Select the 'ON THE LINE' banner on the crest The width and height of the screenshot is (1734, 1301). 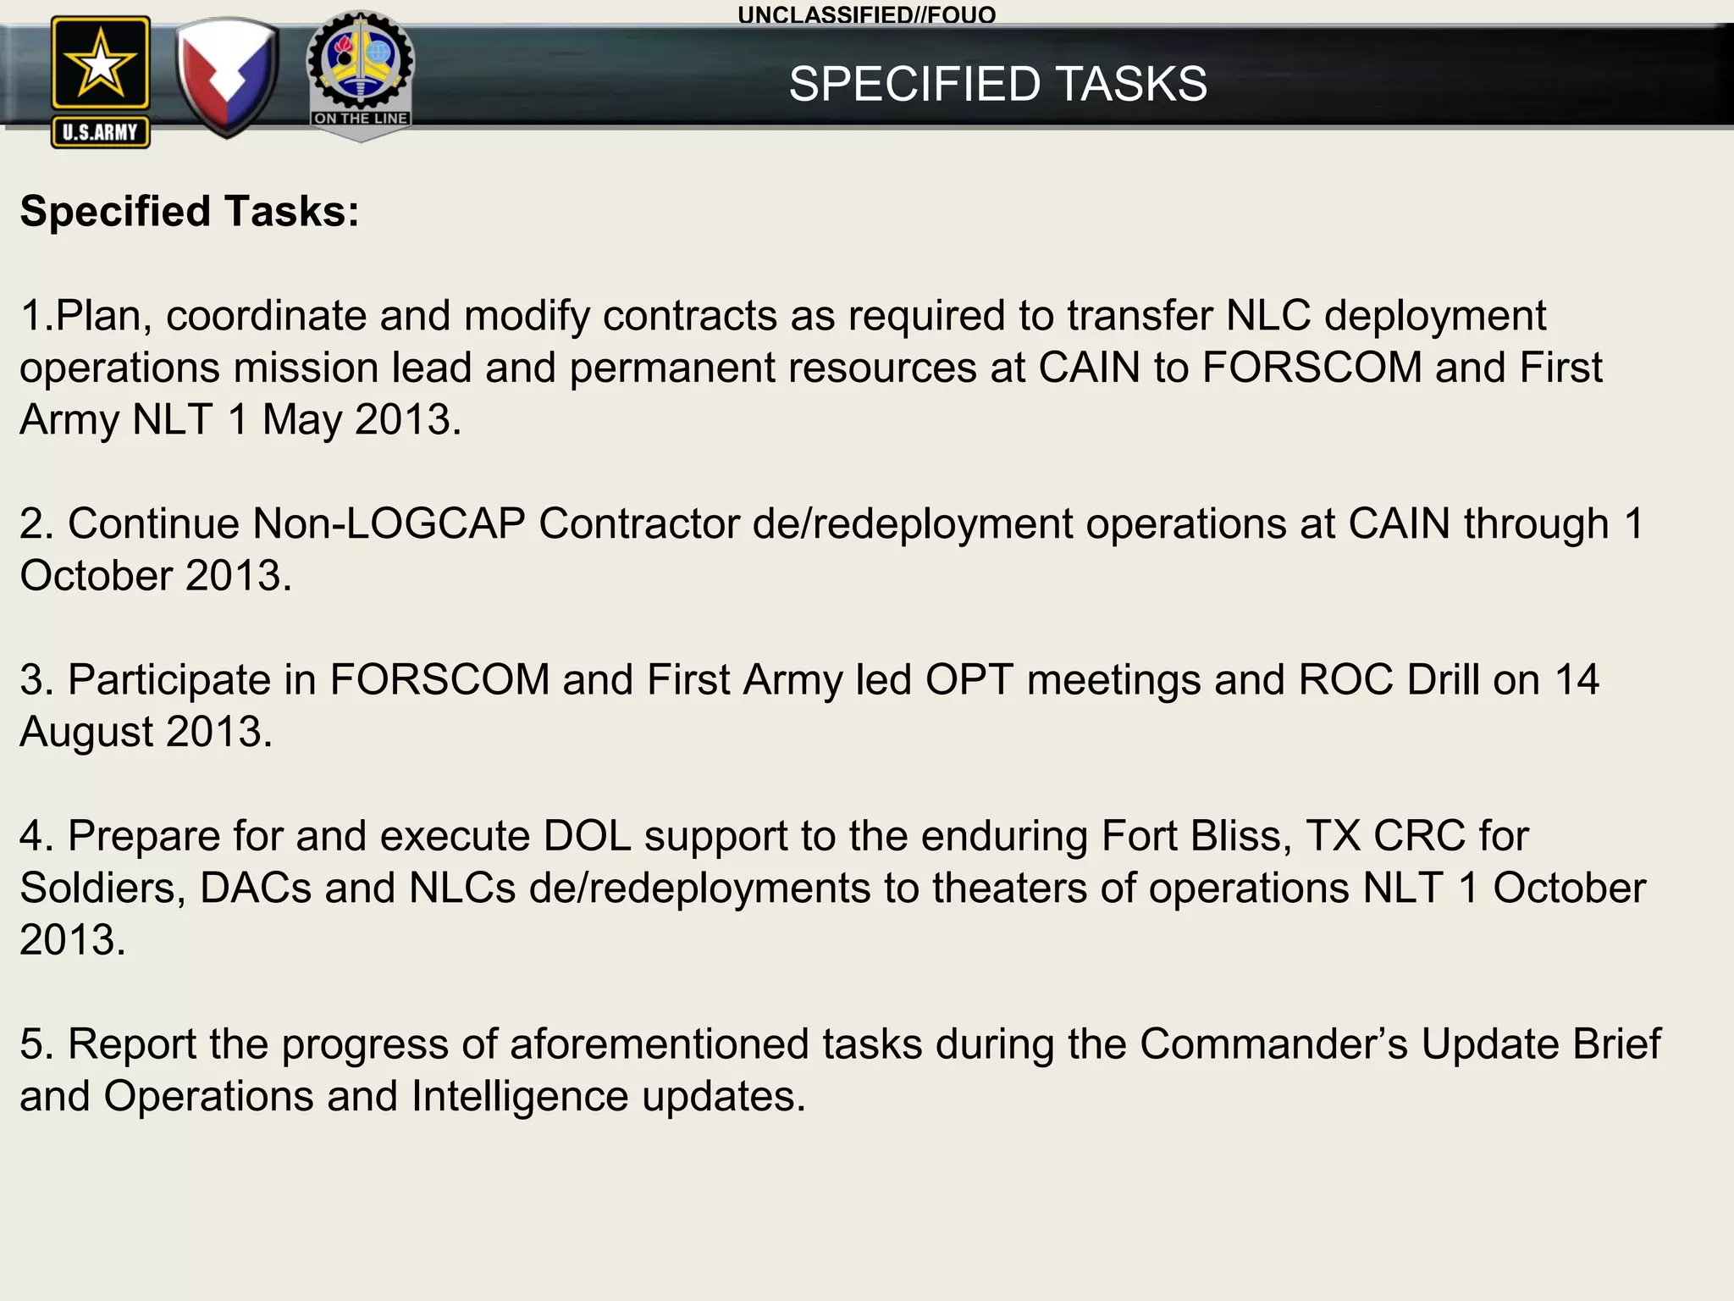click(361, 119)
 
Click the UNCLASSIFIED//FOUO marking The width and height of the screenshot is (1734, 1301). click(866, 14)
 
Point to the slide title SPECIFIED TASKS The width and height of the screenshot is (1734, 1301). click(997, 84)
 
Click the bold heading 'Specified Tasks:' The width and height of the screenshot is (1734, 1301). click(190, 211)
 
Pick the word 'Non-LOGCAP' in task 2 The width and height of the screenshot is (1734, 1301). click(389, 523)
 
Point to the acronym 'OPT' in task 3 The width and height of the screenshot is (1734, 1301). click(969, 679)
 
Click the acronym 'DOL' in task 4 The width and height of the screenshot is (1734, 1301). click(587, 836)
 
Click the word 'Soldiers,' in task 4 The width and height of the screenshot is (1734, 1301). click(102, 888)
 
